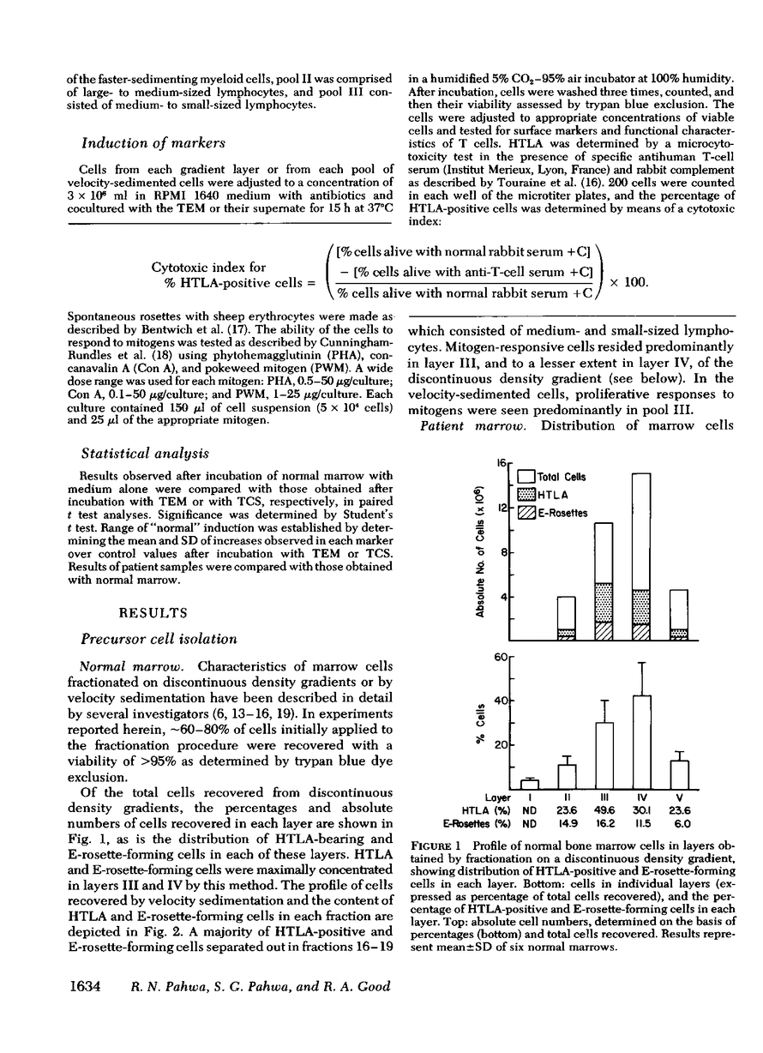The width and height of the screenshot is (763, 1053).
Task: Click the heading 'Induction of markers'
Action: coord(153,141)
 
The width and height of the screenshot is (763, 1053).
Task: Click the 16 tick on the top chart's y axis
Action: coord(497,464)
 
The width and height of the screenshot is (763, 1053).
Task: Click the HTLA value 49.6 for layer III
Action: coord(604,810)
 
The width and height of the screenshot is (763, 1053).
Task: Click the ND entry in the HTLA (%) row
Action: coord(531,810)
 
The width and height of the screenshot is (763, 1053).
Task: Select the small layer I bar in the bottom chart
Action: coord(530,784)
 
